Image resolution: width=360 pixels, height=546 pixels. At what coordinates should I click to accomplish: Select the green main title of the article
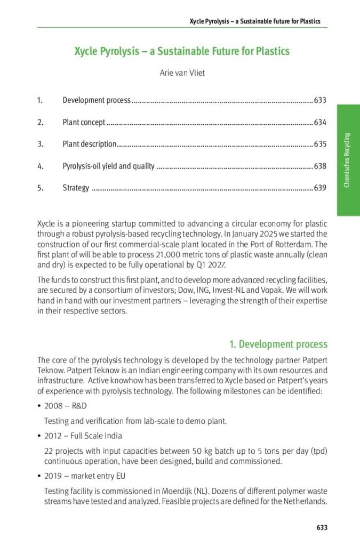pyautogui.click(x=182, y=51)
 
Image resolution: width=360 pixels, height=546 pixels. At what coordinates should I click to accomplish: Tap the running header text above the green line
pyautogui.click(x=255, y=21)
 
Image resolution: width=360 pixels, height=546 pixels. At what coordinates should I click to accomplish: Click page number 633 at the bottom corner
pyautogui.click(x=322, y=527)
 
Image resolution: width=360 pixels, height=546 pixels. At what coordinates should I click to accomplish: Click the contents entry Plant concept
pyautogui.click(x=84, y=122)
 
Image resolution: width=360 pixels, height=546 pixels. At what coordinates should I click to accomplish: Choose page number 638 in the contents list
pyautogui.click(x=320, y=166)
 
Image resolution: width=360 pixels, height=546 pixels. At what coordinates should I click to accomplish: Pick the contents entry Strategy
pyautogui.click(x=76, y=188)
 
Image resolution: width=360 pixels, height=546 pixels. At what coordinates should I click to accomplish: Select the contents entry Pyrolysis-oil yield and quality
pyautogui.click(x=108, y=166)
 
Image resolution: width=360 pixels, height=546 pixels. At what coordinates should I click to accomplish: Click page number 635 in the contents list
pyautogui.click(x=320, y=144)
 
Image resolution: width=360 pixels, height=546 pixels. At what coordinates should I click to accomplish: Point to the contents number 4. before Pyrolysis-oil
pyautogui.click(x=40, y=166)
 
